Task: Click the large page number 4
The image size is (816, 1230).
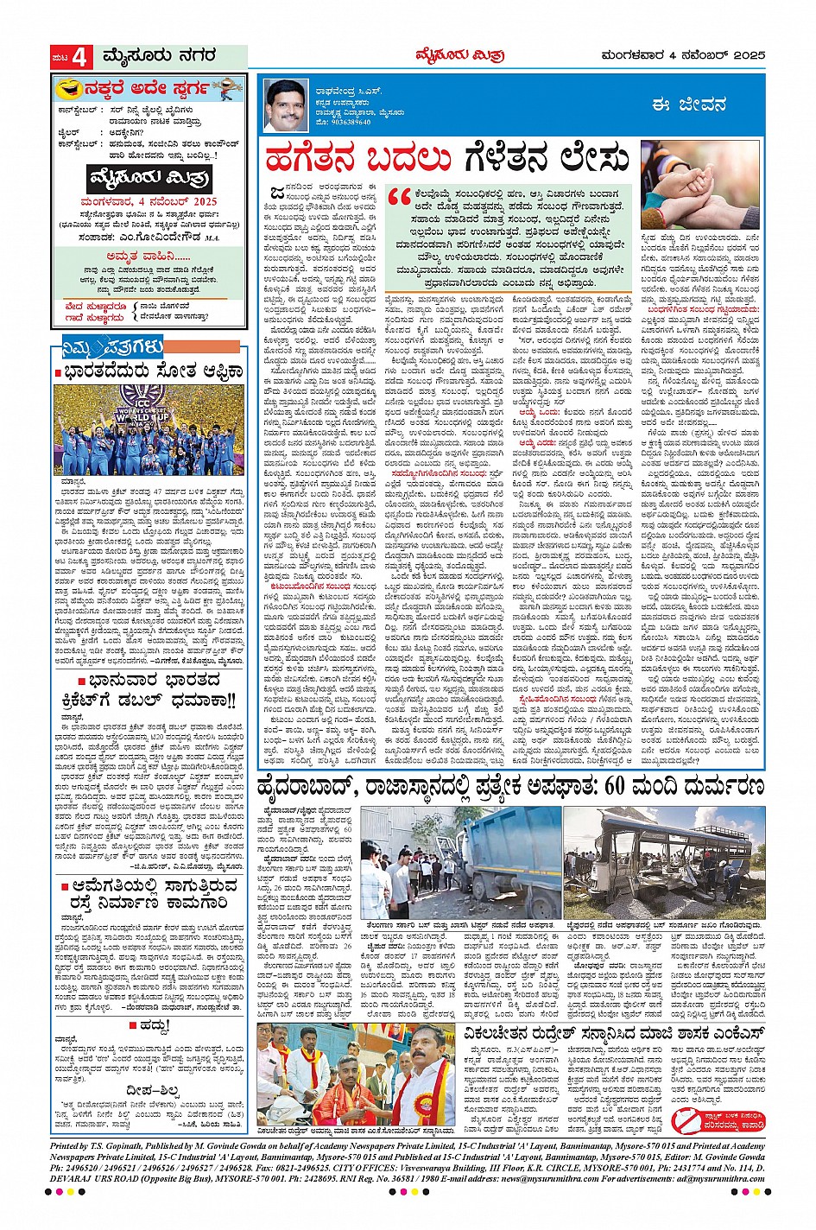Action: click(x=80, y=57)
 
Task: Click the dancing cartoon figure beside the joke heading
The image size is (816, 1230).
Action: click(x=227, y=88)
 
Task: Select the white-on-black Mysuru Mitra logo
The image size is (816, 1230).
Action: click(x=150, y=179)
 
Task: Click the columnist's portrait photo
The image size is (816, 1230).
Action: click(x=288, y=104)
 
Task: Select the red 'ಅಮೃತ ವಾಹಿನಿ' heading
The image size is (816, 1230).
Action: click(x=149, y=256)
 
